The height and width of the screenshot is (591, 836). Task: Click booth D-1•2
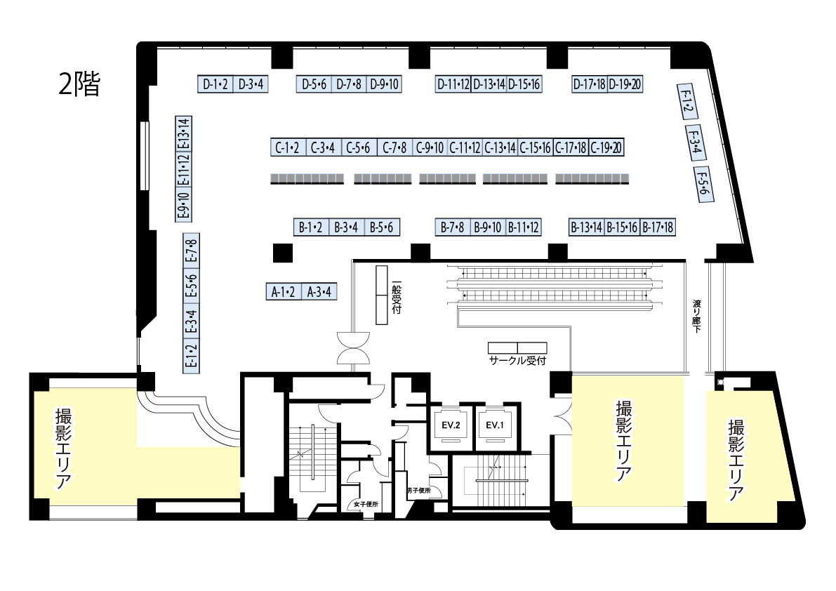coord(215,84)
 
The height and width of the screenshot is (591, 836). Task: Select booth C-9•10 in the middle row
coord(430,147)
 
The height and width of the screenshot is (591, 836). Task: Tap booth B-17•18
coord(658,227)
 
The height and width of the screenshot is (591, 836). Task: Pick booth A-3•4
coord(319,292)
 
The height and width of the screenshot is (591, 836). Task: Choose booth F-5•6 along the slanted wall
coord(703,185)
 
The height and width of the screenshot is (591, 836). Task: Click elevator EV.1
coord(494,425)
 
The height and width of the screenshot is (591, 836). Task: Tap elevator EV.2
coord(451,425)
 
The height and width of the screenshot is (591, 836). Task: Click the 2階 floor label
coord(79,84)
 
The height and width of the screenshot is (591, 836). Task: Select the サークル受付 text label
coord(517,361)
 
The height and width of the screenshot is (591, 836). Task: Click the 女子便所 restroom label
coord(366,504)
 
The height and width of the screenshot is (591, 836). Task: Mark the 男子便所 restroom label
coord(418,491)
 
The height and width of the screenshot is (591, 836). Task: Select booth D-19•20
coord(625,84)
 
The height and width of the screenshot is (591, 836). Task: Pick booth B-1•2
coord(310,227)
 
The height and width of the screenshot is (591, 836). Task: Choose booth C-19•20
coord(606,147)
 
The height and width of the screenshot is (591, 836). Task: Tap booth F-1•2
coord(686,101)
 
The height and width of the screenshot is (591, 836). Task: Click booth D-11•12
coord(453,84)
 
